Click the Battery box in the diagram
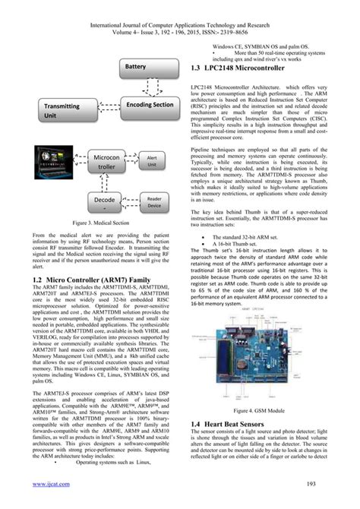[x=134, y=68]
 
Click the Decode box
[x=106, y=201]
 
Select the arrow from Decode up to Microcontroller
[x=106, y=182]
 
